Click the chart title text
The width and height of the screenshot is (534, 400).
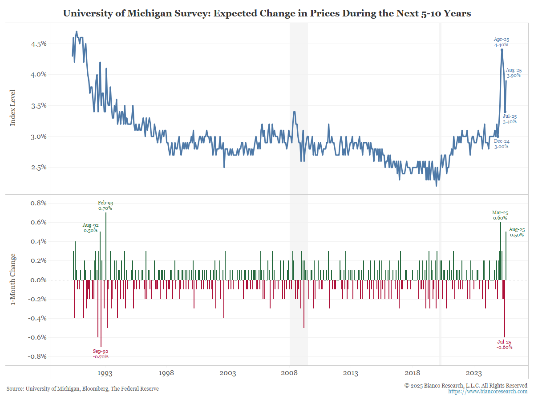coord(267,13)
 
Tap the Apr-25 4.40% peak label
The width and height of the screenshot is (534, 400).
coord(501,42)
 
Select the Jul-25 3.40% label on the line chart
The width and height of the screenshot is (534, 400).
coord(510,119)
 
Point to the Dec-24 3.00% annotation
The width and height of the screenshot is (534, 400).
coord(501,144)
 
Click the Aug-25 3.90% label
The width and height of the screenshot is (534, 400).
coord(514,73)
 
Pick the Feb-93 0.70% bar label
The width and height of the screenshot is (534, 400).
coord(105,205)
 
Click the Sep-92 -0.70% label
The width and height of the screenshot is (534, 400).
coord(101,354)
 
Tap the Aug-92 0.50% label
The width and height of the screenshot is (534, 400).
coord(91,228)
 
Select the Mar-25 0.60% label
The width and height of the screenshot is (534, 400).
coord(500,215)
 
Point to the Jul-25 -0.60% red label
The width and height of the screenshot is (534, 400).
coord(504,344)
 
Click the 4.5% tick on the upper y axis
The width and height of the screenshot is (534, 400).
coord(38,44)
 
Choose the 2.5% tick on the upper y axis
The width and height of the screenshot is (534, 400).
coord(38,168)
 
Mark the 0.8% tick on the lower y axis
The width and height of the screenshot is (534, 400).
coord(37,203)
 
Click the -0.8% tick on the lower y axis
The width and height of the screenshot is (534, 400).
coord(36,356)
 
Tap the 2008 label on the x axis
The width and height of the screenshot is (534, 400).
coord(290,373)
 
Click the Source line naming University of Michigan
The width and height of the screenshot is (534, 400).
coord(83,389)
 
